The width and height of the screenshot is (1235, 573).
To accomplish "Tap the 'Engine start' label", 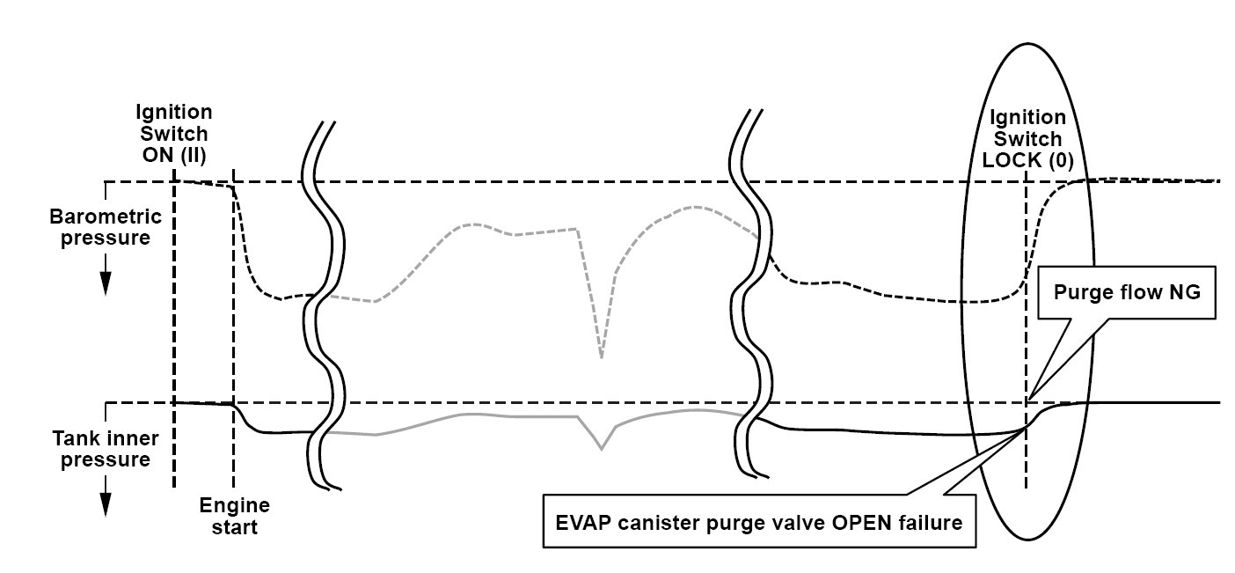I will point(234,517).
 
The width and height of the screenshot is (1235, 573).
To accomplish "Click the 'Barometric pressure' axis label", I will point(106,227).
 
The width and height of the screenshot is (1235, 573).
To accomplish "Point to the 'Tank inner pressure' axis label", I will point(106,448).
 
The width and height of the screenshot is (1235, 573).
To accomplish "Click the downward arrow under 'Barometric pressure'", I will point(106,282).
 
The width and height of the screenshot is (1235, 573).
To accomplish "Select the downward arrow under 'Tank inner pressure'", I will point(106,502).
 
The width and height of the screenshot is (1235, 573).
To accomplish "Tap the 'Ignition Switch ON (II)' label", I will point(173,134).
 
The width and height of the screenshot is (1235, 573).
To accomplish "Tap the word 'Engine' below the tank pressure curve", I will point(234,506).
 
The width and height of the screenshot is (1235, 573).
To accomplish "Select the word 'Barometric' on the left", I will point(106,217).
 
